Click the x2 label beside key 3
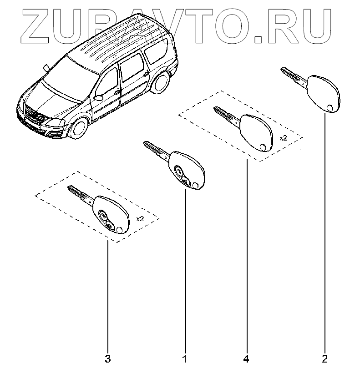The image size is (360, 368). pyautogui.click(x=140, y=219)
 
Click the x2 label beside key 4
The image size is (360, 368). pyautogui.click(x=283, y=137)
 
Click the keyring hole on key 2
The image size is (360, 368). pyautogui.click(x=330, y=108)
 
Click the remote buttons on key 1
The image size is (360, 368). pyautogui.click(x=181, y=175)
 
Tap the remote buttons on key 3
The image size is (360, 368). pyautogui.click(x=106, y=218)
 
